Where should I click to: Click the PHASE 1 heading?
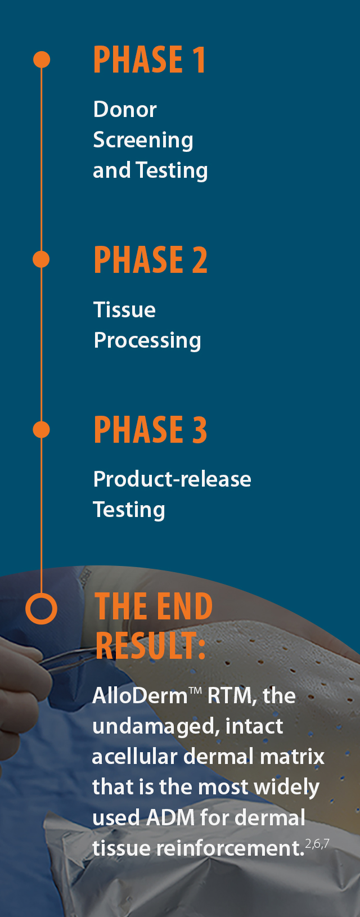click(x=149, y=60)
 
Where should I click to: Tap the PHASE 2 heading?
click(x=150, y=260)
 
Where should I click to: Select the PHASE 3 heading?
click(x=150, y=430)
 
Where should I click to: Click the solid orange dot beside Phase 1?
click(x=42, y=60)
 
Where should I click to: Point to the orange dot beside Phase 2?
click(x=41, y=259)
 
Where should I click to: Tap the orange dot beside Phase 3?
click(x=41, y=430)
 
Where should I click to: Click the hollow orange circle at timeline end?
click(x=41, y=609)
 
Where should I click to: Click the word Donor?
click(x=125, y=110)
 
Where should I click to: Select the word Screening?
click(x=143, y=140)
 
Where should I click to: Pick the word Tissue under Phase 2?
click(x=124, y=310)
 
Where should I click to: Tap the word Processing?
click(x=147, y=341)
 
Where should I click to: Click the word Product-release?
click(x=172, y=479)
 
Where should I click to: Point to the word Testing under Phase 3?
click(x=129, y=510)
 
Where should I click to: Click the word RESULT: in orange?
click(x=150, y=646)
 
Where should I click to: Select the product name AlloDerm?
click(x=139, y=696)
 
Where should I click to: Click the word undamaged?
click(x=156, y=727)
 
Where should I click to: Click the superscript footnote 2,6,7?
click(x=317, y=843)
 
